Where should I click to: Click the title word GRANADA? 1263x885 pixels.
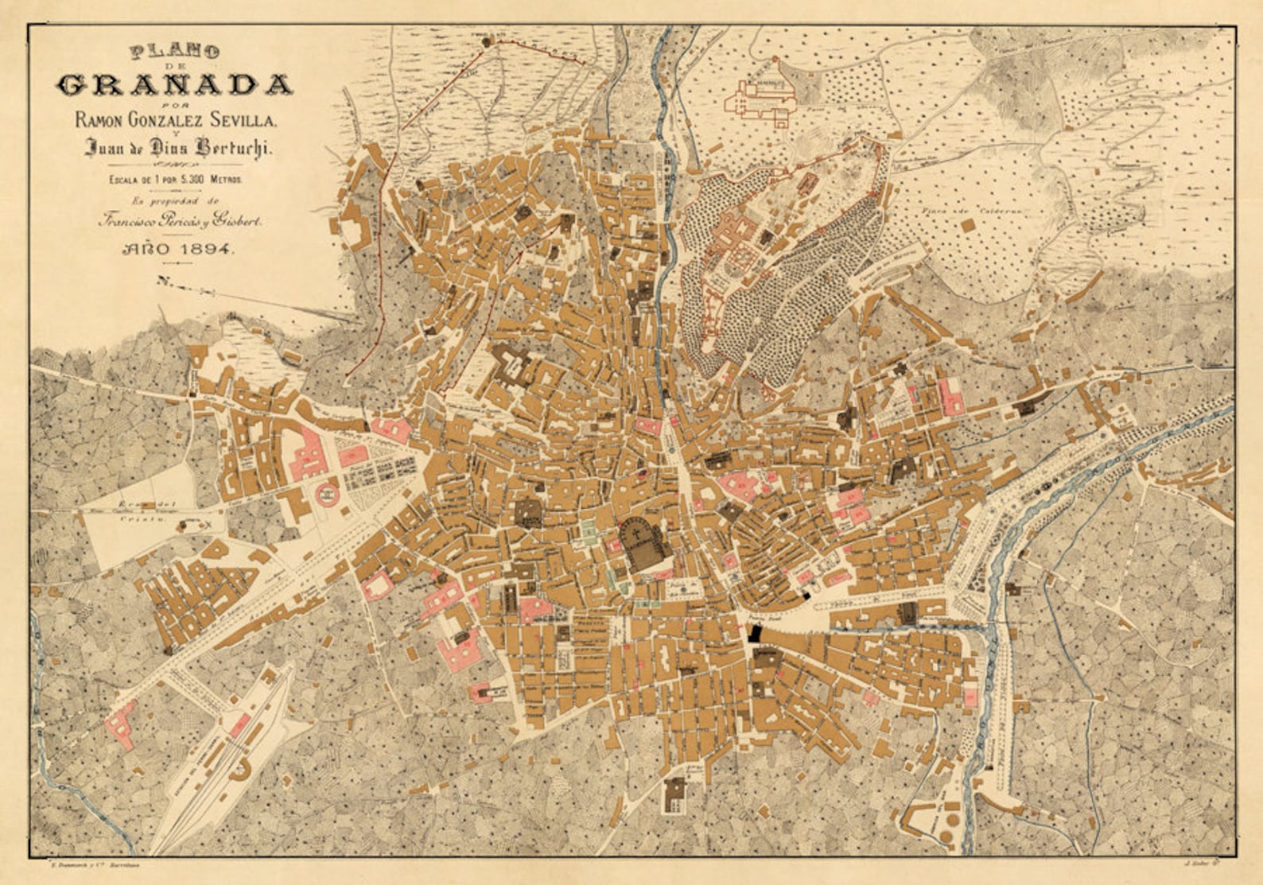174,84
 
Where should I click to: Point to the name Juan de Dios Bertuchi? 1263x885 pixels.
178,147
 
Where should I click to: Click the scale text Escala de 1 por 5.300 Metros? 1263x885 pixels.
177,180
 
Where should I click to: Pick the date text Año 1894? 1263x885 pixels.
177,249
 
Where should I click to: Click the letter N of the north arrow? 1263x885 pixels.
164,280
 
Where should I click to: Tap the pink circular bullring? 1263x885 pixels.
327,495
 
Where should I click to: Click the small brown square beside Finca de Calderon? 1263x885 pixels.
967,226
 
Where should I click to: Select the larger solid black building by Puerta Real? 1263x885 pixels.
754,634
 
